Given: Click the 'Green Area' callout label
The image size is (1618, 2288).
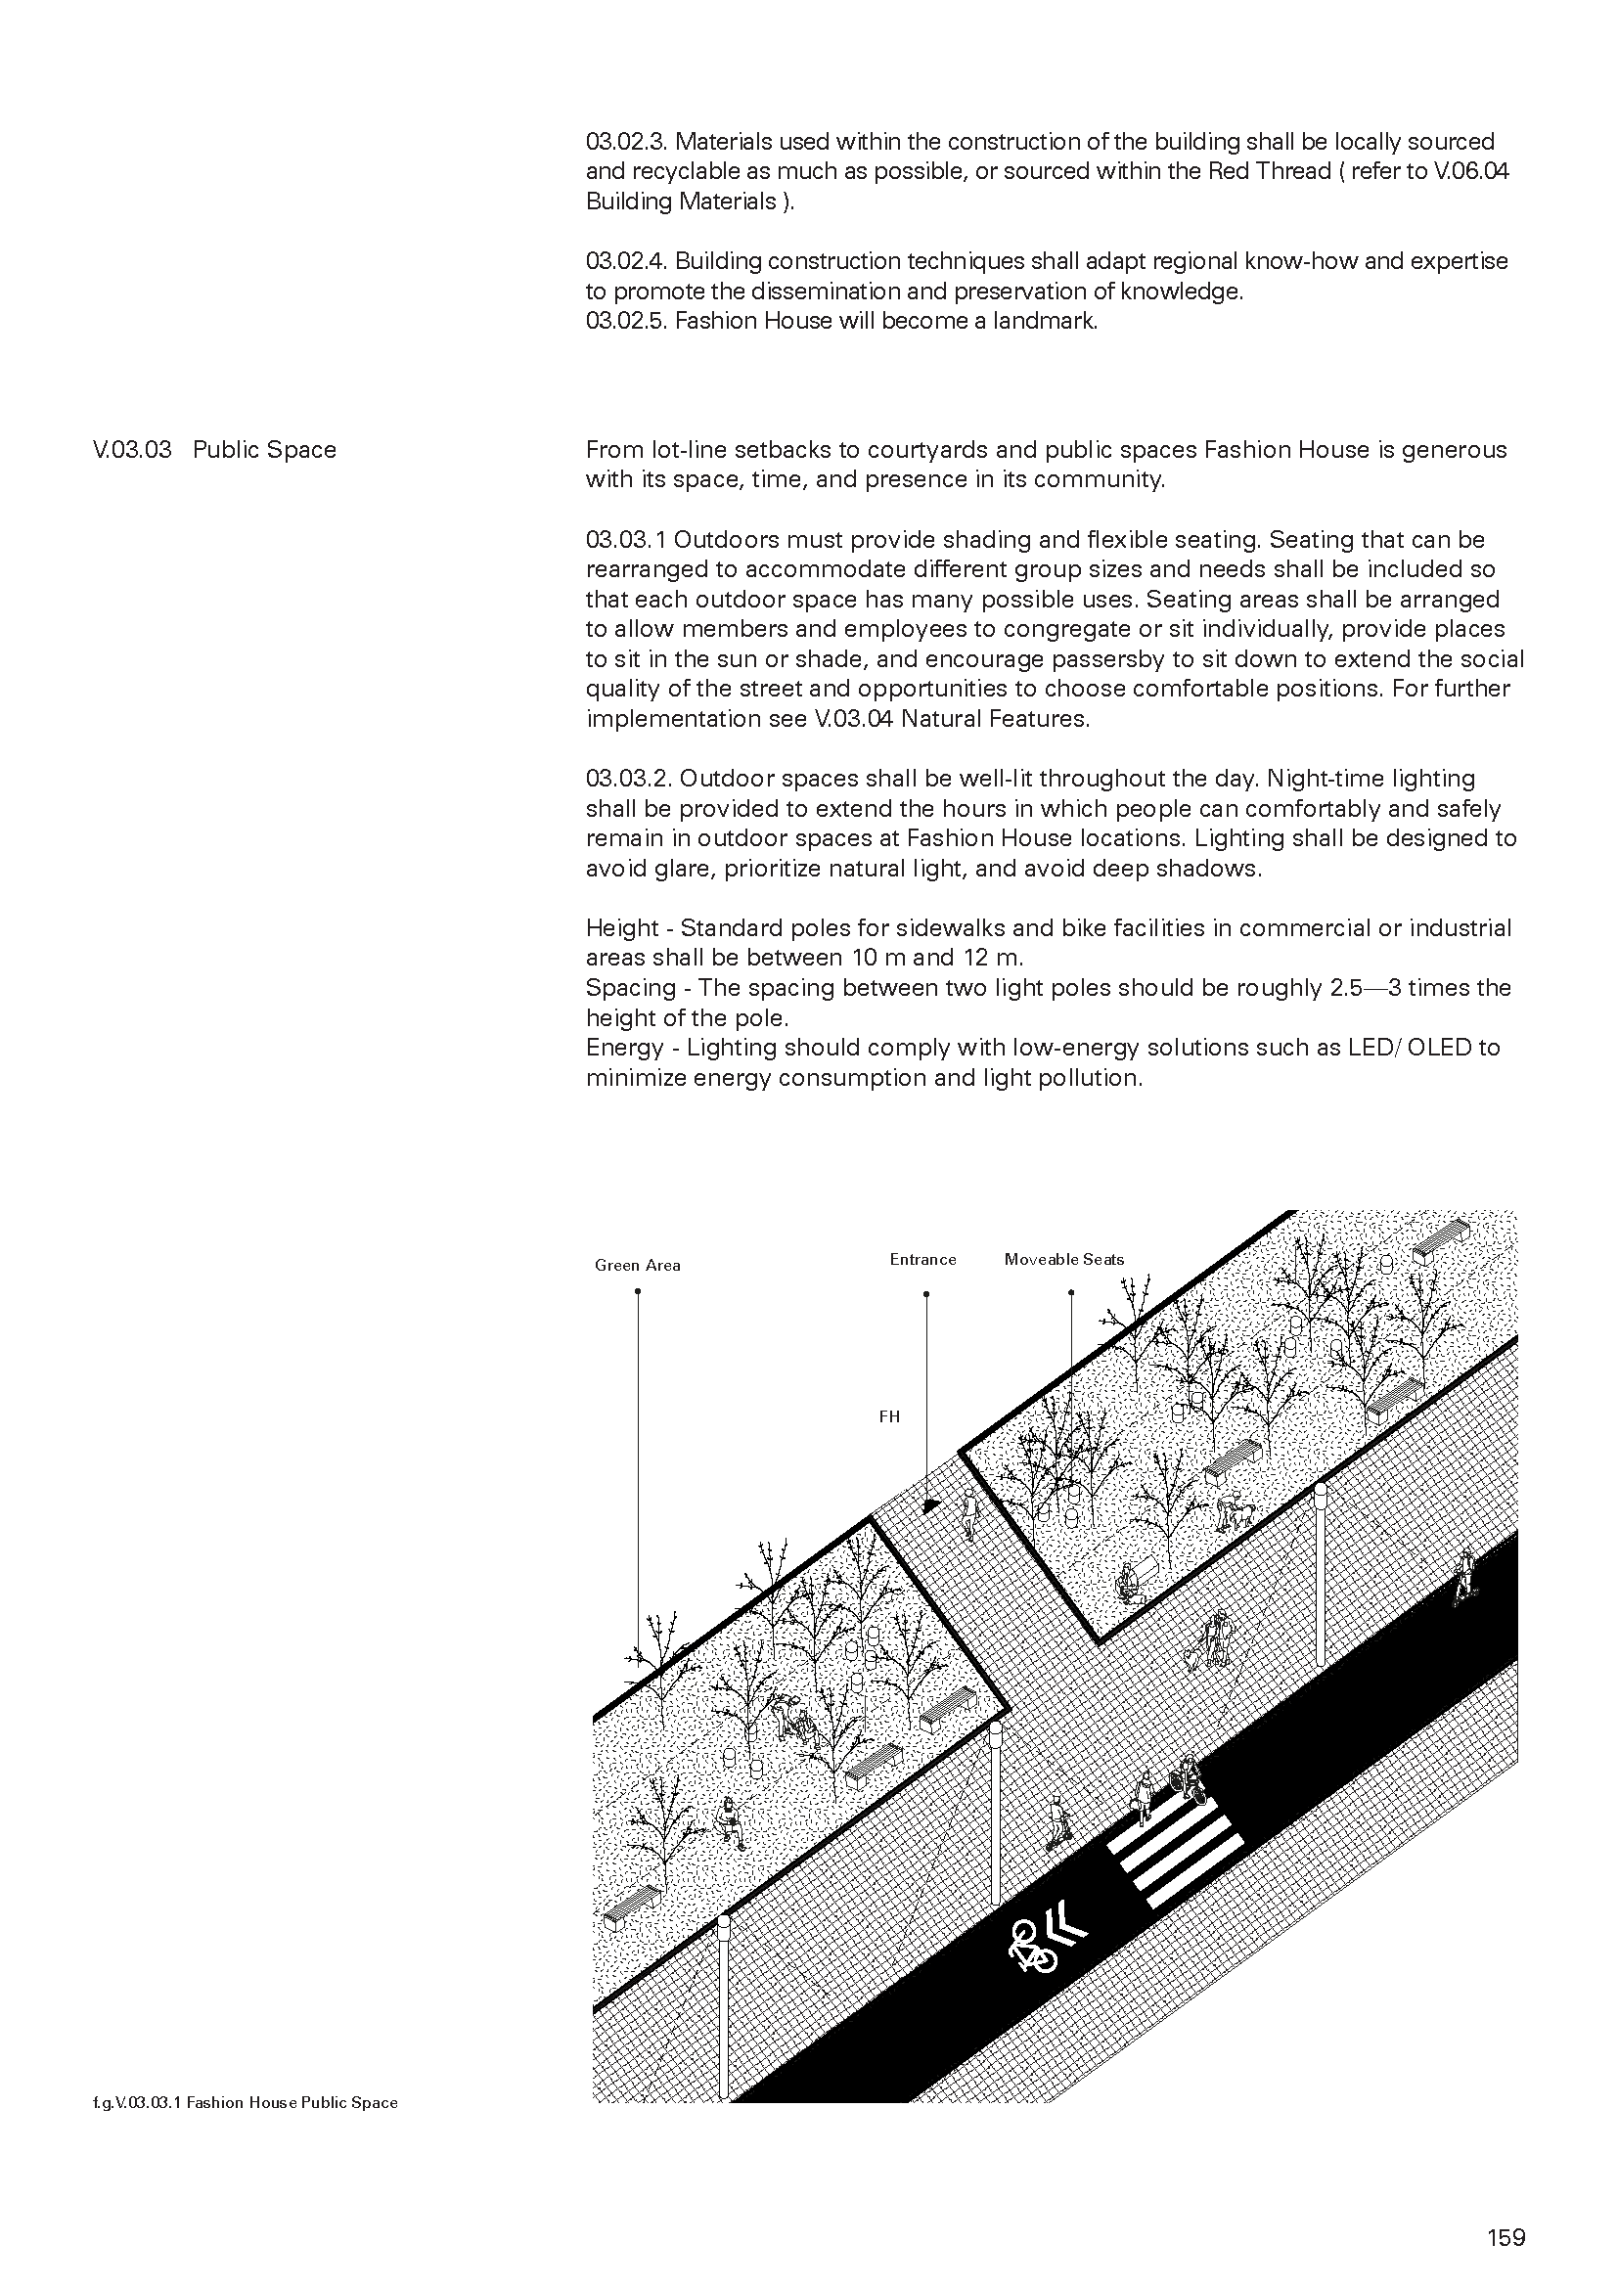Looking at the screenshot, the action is point(638,1266).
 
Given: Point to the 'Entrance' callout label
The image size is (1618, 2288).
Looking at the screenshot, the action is point(922,1260).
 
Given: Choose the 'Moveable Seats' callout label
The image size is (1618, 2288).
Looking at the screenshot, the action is point(1064,1260).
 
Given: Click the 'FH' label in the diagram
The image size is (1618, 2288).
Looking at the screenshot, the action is point(888,1416).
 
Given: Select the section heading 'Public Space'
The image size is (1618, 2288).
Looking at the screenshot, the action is point(264,449).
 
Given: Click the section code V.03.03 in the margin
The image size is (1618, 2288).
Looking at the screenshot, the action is point(131,449).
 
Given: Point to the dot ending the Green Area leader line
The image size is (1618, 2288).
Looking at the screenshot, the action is point(638,1291).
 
